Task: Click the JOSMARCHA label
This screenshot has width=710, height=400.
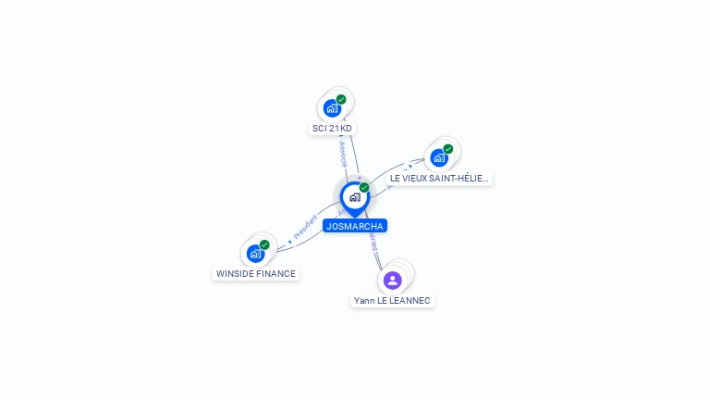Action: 354,226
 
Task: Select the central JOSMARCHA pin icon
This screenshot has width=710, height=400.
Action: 354,197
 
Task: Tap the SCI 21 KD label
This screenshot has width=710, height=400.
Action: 332,129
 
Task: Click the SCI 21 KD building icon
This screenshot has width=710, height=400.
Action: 332,107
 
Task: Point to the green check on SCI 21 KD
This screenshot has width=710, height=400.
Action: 341,99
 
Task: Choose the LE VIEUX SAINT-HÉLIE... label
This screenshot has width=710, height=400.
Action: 439,178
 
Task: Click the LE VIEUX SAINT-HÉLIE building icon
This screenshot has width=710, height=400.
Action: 439,157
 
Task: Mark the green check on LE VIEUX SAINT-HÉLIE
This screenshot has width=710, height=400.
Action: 448,149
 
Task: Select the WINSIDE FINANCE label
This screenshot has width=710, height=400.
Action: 256,274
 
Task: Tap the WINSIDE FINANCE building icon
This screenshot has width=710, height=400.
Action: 255,253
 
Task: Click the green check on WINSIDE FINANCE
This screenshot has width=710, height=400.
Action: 264,244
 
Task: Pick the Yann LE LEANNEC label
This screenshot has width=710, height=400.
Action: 392,301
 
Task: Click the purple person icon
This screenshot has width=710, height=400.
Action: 393,280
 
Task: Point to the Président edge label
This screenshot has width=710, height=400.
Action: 305,228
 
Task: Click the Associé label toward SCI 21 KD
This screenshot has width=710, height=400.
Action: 342,153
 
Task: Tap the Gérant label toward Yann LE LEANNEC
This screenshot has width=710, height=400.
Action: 373,243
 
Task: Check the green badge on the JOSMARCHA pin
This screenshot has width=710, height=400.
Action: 364,188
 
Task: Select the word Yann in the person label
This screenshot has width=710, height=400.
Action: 363,301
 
